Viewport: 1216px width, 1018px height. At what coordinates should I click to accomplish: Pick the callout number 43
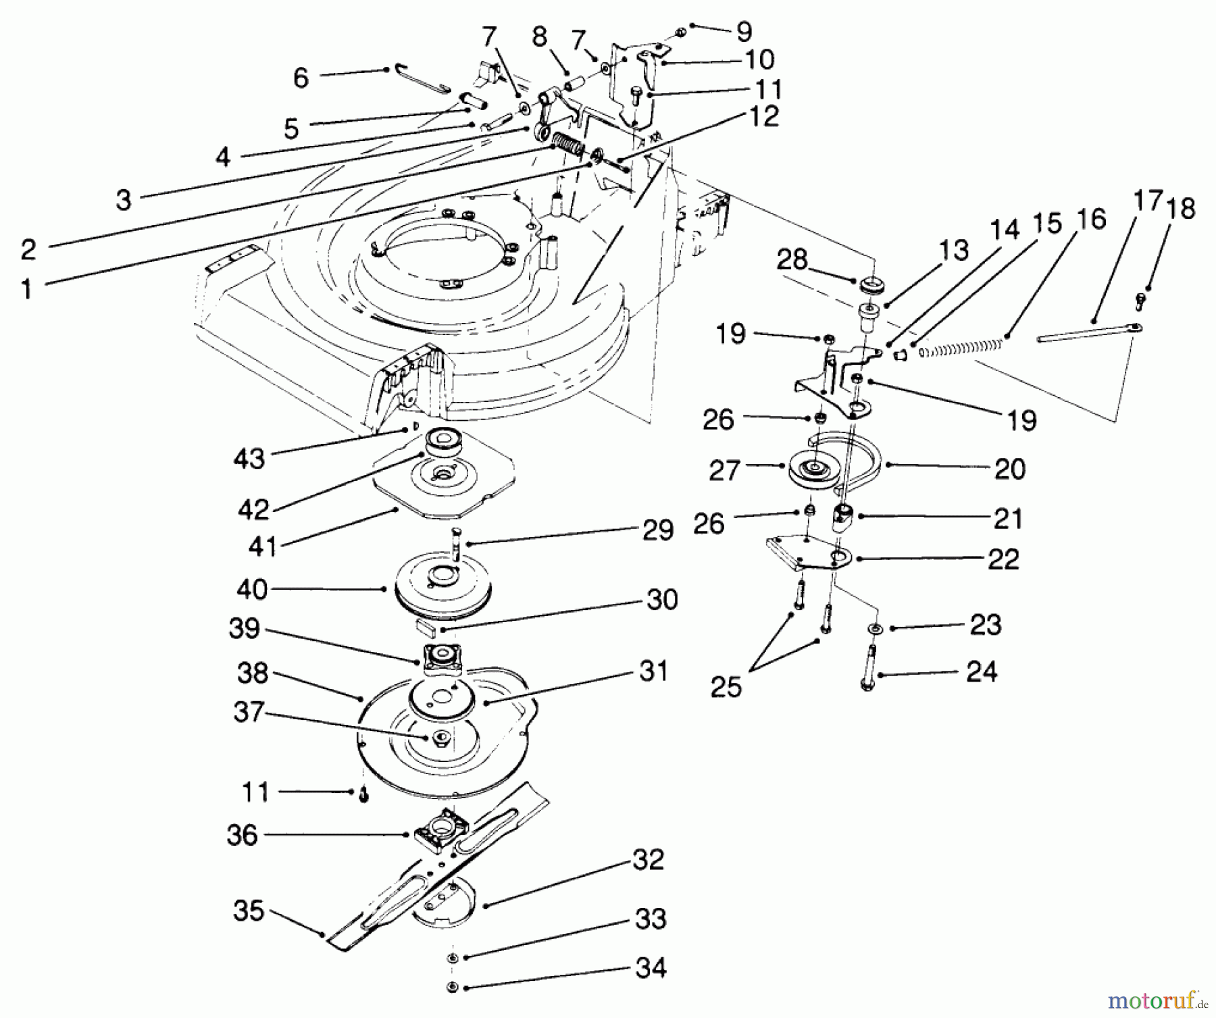(249, 459)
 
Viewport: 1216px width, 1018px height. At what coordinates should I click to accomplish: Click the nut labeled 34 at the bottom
(452, 988)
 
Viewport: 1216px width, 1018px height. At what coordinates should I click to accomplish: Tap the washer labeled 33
(452, 957)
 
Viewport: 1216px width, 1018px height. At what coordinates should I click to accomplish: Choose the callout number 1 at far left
(26, 290)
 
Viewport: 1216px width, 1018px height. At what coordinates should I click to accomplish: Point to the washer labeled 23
(876, 629)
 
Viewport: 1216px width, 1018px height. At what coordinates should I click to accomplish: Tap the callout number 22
(1003, 559)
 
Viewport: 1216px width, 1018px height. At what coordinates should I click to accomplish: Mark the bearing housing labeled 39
(442, 656)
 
